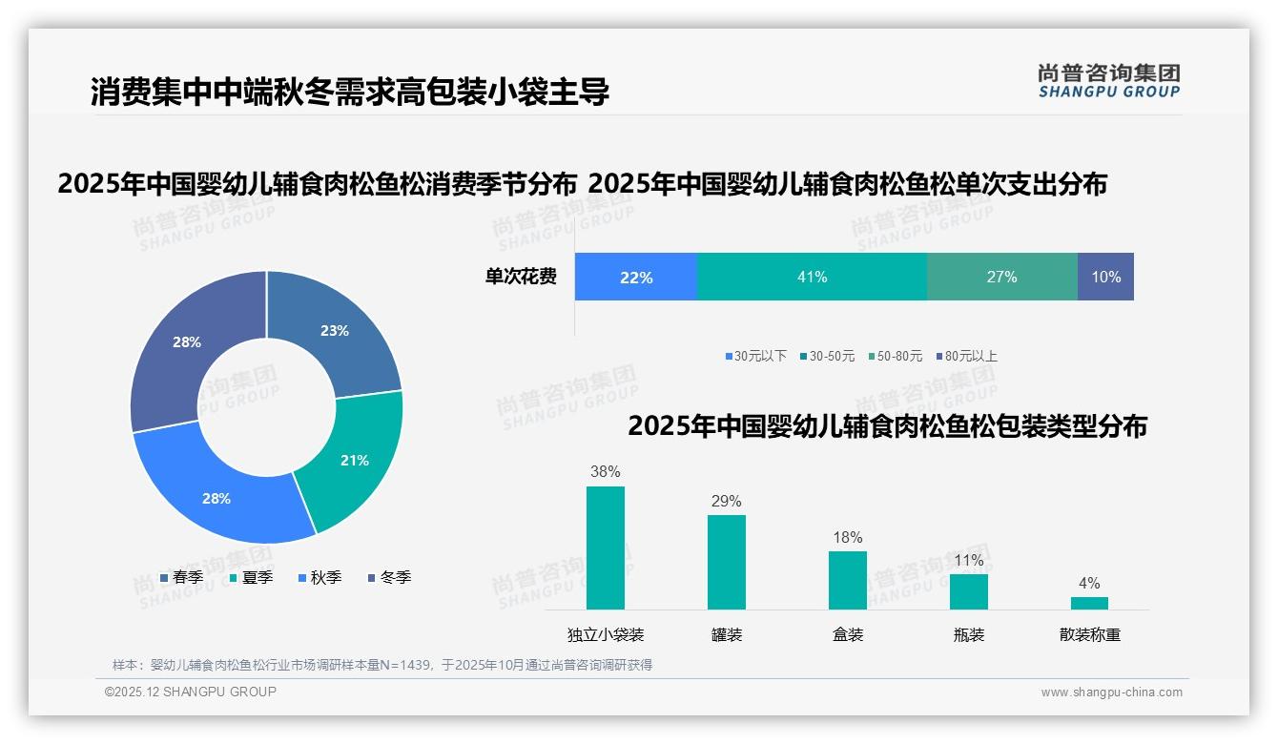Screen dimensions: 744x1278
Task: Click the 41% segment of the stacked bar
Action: (x=812, y=277)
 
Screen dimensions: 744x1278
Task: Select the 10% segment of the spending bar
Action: (x=1105, y=277)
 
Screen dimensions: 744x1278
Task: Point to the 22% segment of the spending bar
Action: (x=636, y=277)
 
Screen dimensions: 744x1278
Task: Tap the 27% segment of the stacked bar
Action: (x=1001, y=277)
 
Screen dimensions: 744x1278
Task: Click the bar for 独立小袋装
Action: (x=606, y=548)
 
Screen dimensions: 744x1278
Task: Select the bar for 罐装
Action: (x=727, y=562)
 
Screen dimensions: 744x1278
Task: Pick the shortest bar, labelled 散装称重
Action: (x=1089, y=603)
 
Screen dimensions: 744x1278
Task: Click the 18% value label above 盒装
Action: (x=847, y=538)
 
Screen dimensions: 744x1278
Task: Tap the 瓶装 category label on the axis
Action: (x=968, y=634)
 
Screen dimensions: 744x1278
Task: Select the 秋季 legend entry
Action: (x=319, y=577)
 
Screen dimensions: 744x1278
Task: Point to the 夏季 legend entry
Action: (x=251, y=577)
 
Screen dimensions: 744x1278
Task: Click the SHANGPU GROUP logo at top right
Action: (x=1108, y=81)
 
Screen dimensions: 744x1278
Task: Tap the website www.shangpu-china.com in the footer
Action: (x=1111, y=692)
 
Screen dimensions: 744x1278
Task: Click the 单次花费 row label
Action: (x=521, y=277)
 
